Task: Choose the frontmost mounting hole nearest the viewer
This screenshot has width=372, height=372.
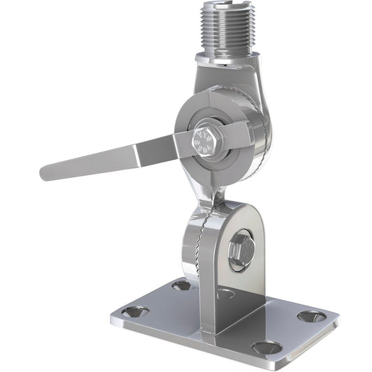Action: [266, 347]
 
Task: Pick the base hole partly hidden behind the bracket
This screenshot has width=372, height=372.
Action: [225, 293]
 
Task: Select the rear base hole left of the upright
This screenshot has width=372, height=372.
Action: [181, 285]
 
